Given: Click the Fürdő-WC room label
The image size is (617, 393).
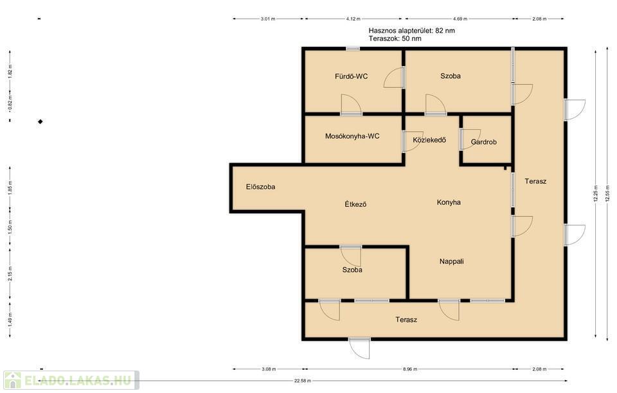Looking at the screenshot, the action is coord(351,76).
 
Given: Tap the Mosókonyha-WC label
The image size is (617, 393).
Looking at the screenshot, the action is coord(352,136).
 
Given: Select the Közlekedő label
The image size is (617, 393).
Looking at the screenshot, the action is coord(429,140).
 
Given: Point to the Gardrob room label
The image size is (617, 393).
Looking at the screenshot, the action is coord(483,142).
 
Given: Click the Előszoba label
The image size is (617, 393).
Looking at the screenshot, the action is coord(260,187).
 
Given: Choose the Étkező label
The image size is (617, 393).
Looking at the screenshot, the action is coord(355,204).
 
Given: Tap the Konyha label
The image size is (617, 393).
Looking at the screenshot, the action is coord(449,202).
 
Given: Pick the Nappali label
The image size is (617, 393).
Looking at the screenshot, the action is coord(451,261).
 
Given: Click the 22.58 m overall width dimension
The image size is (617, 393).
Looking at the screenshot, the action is coord(303,381).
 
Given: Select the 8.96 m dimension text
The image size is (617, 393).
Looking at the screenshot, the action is coord(409,369).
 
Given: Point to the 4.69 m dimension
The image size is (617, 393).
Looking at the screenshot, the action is coord(460,19).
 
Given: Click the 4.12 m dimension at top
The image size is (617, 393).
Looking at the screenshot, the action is coord(353,19).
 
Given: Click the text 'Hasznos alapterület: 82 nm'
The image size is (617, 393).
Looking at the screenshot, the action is coord(411,30).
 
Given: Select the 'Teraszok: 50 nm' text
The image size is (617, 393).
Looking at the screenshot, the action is coord(395,39).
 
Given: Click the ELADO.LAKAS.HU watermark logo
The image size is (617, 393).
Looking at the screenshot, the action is coord(71,380).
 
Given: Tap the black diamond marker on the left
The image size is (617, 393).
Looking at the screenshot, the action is coord(40,122).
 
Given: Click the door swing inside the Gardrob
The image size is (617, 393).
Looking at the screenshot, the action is coord(471,139).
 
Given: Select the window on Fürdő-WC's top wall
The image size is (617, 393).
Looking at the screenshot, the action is coord(353,49).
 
